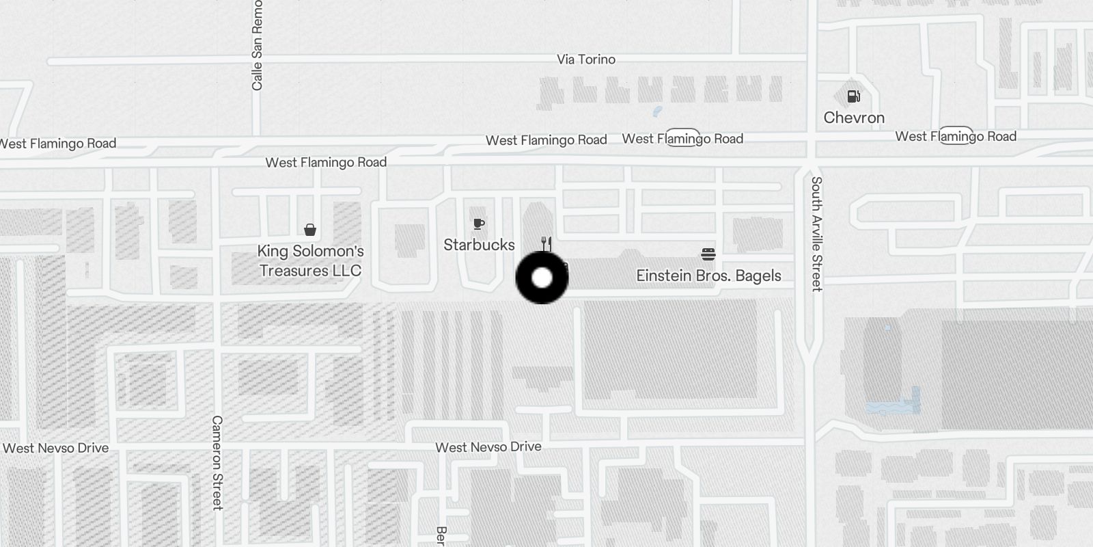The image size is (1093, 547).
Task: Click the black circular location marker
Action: [542, 278]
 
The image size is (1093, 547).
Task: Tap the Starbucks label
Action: [479, 245]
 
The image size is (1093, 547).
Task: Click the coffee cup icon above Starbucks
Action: [479, 224]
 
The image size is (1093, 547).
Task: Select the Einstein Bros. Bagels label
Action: [708, 276]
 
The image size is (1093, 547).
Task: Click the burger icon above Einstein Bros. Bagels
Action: [708, 254]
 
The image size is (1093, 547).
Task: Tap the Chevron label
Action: [854, 118]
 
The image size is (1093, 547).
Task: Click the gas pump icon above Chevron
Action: [854, 96]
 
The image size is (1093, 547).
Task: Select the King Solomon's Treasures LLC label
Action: [310, 261]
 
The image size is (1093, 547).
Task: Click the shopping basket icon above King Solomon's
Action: [310, 229]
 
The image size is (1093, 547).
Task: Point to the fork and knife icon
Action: [546, 243]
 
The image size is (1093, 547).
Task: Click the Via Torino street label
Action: [586, 59]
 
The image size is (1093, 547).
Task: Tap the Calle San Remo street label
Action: [257, 45]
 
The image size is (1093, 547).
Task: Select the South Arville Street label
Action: [816, 234]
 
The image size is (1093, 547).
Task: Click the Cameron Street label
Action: [217, 462]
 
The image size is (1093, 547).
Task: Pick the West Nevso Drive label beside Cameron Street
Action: [56, 449]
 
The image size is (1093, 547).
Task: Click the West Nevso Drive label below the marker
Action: [488, 447]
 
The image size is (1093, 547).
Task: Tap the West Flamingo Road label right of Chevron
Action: [956, 136]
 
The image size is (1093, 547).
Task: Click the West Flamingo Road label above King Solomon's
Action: [326, 162]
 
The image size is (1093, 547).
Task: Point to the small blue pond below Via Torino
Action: [657, 111]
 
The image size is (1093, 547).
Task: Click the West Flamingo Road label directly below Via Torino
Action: [546, 140]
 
